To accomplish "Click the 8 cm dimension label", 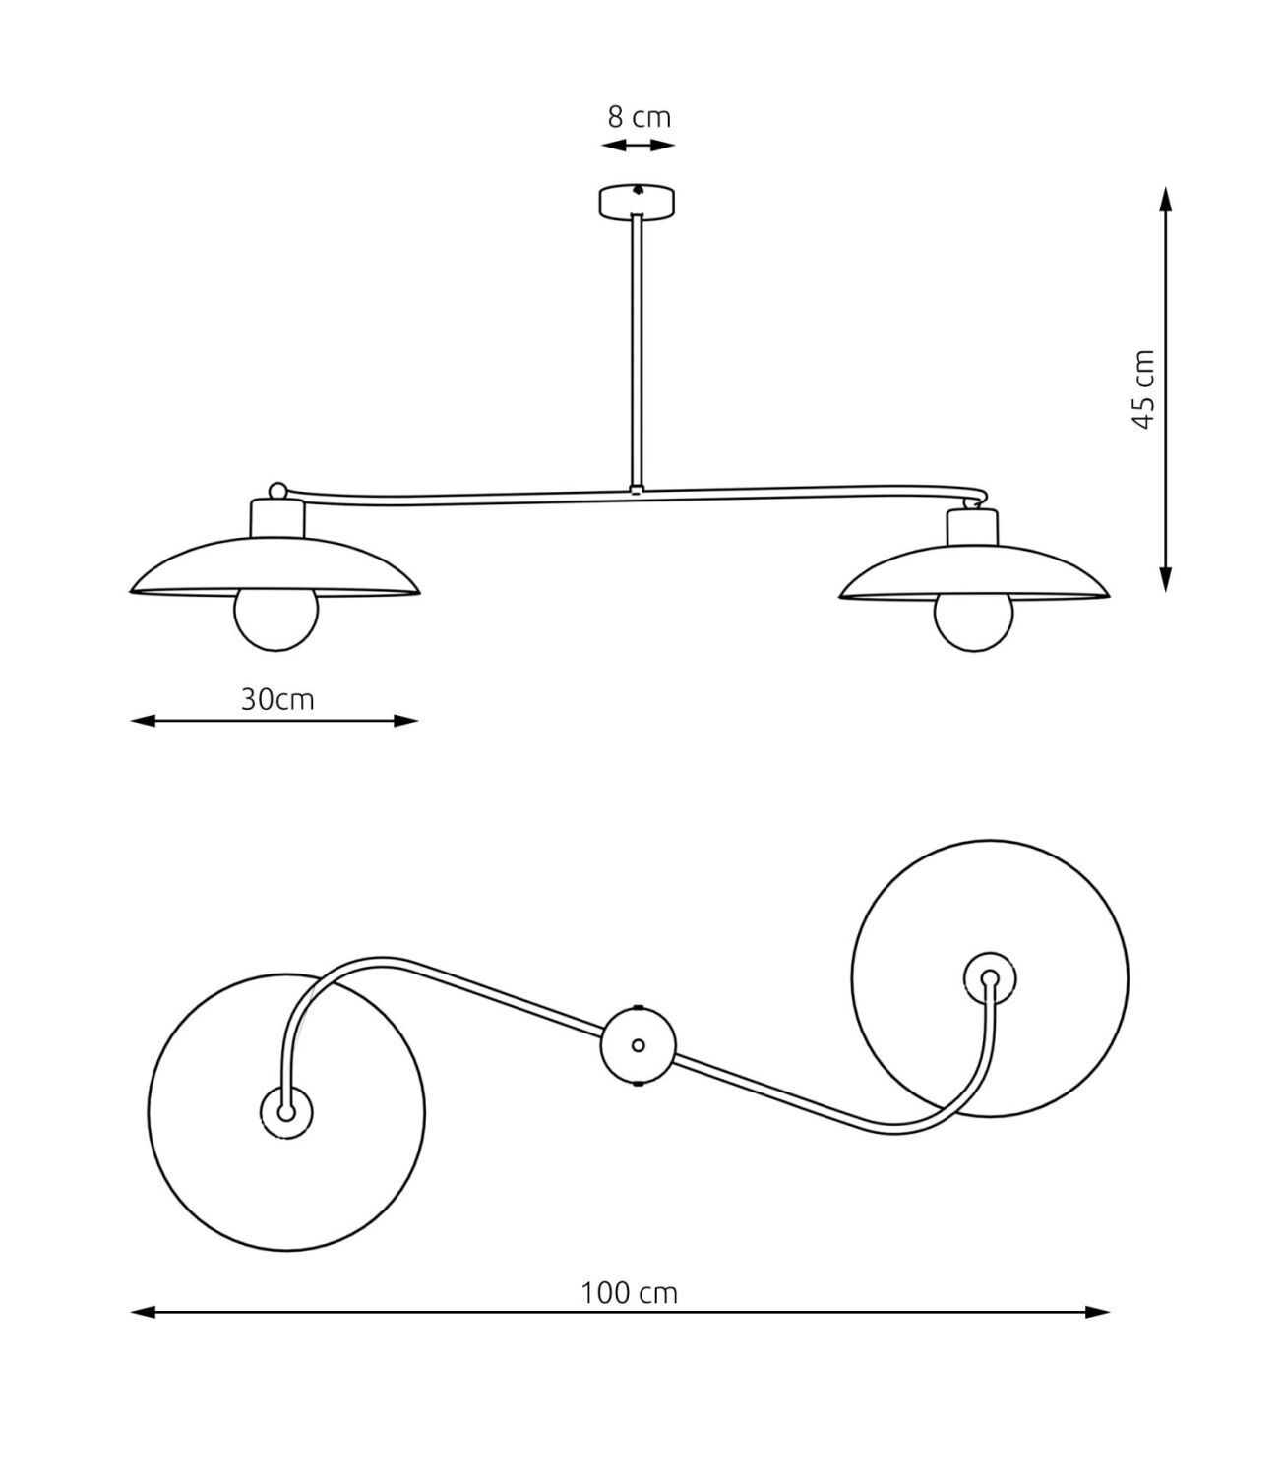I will pos(639,117).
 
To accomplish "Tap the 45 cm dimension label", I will pos(1143,388).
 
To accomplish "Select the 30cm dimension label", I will pos(276,699).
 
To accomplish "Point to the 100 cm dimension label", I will pos(629,1292).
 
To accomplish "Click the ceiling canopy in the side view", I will pos(638,201).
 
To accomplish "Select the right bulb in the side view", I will pos(973,622).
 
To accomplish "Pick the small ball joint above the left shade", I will pos(278,490).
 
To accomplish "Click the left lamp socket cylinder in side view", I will pos(278,518).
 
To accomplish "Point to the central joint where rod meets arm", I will pos(638,488).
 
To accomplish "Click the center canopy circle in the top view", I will pos(638,1045).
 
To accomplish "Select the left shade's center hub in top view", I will pos(285,1112).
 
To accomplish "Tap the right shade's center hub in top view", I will pos(989,978).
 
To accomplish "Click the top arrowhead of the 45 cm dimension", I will pos(1166,199).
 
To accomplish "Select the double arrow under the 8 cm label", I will pos(639,146).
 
